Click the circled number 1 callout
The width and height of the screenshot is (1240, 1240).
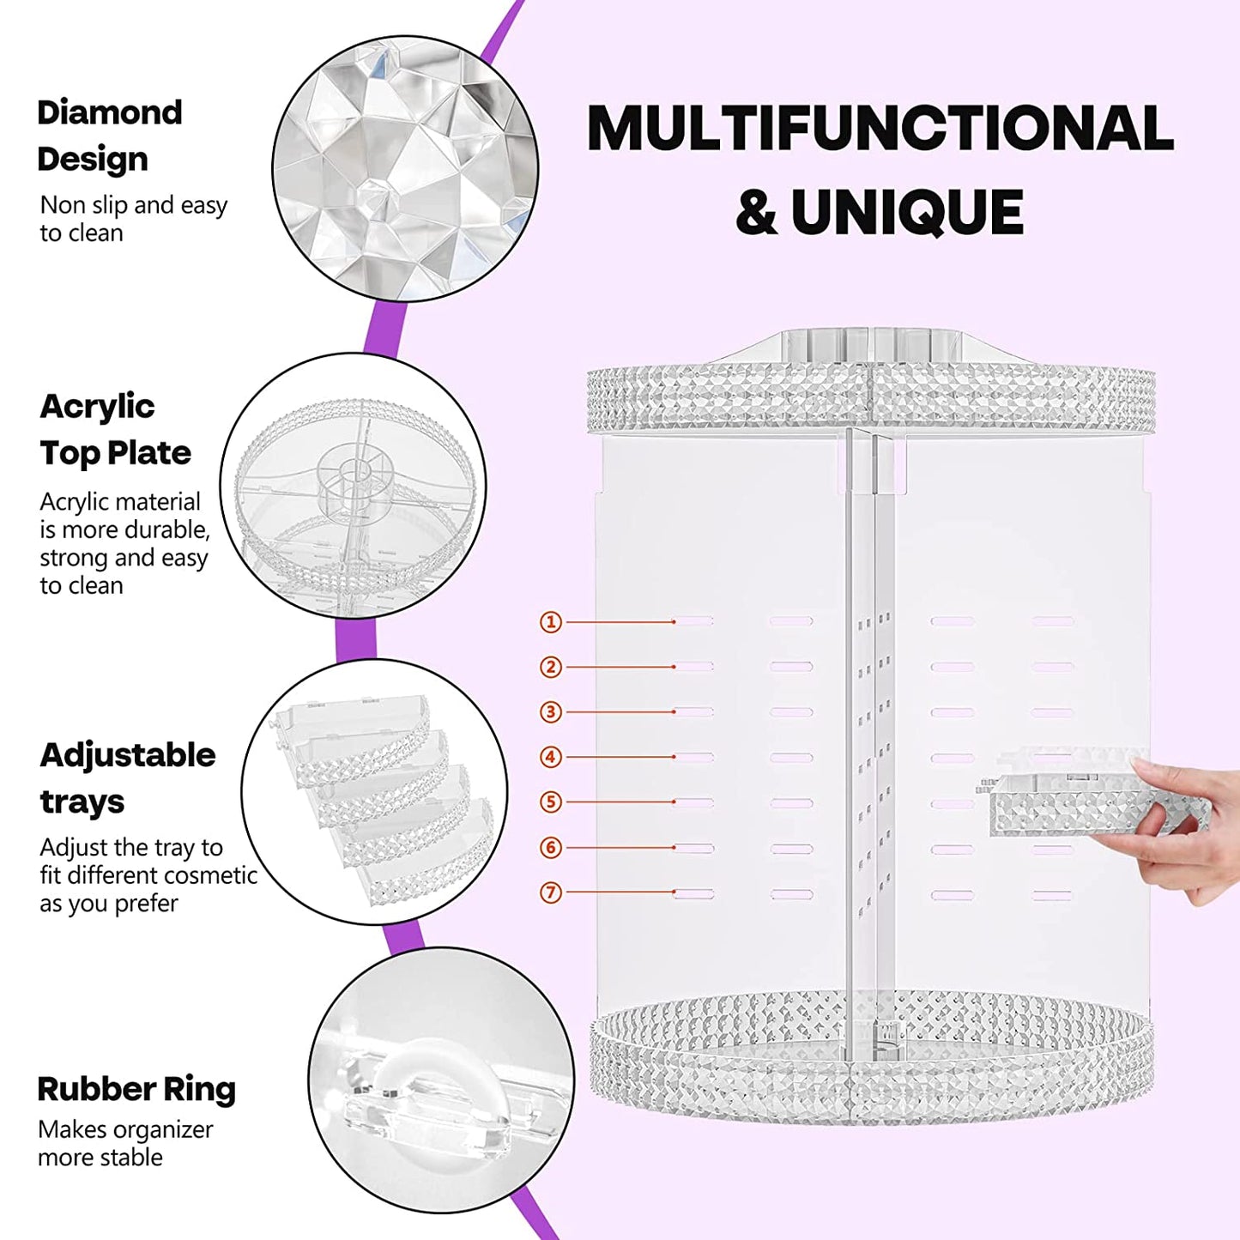click(x=551, y=621)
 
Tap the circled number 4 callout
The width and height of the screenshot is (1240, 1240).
click(x=551, y=757)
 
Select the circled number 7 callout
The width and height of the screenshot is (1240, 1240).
click(x=551, y=892)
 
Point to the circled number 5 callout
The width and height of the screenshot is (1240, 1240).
click(x=551, y=802)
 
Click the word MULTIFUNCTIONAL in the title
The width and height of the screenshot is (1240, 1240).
click(x=880, y=129)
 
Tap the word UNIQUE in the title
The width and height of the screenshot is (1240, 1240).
click(x=907, y=213)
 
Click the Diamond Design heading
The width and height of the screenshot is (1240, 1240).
click(x=109, y=136)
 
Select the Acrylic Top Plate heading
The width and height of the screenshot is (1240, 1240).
click(x=115, y=429)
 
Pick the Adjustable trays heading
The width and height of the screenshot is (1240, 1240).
click(x=127, y=777)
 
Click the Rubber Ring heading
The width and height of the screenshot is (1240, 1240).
click(x=136, y=1089)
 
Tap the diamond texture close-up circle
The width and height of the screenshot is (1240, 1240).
click(x=405, y=169)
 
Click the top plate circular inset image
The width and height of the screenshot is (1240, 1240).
click(x=354, y=486)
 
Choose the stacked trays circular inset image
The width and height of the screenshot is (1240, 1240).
click(x=375, y=792)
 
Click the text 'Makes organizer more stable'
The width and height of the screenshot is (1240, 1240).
click(x=125, y=1143)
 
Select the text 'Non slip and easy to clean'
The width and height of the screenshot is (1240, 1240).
click(x=133, y=219)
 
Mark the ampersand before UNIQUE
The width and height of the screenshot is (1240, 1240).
click(x=756, y=213)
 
